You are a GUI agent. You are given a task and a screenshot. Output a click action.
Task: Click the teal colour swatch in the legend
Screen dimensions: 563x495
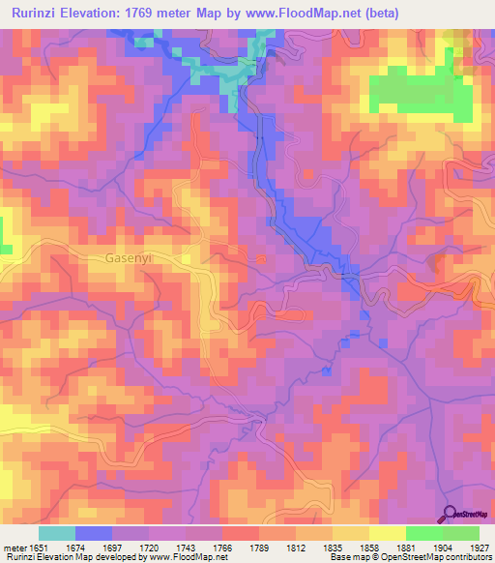(x=57, y=533)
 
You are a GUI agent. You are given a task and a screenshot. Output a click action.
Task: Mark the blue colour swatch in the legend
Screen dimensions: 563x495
(x=94, y=533)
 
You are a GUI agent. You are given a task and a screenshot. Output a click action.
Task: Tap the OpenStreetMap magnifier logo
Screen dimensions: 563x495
(x=451, y=515)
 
